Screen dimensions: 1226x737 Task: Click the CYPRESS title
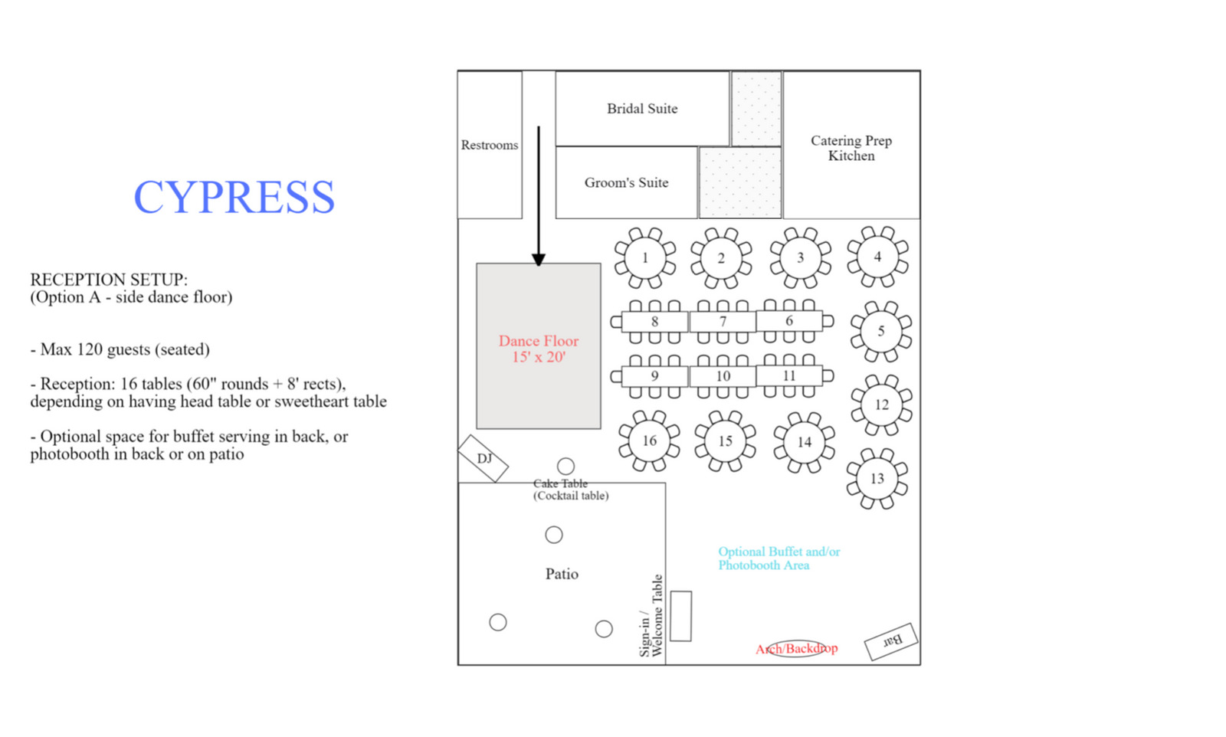pyautogui.click(x=234, y=197)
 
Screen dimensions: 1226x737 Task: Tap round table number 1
pyautogui.click(x=645, y=257)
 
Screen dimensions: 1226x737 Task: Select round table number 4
pyautogui.click(x=878, y=257)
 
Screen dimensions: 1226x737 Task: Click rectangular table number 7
pyautogui.click(x=723, y=321)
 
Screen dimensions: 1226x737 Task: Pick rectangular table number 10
pyautogui.click(x=723, y=376)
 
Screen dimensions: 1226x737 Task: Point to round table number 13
pyautogui.click(x=877, y=479)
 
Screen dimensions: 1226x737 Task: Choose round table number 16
pyautogui.click(x=650, y=441)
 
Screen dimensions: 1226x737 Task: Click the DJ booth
pyautogui.click(x=484, y=458)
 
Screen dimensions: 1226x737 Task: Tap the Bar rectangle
pyautogui.click(x=891, y=641)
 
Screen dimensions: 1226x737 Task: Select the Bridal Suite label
pyautogui.click(x=642, y=108)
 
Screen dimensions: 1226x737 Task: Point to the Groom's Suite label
pyautogui.click(x=626, y=182)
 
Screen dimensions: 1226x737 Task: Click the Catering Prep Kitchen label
pyautogui.click(x=851, y=149)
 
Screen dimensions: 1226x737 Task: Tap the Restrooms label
pyautogui.click(x=490, y=145)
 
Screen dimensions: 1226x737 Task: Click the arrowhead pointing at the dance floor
pyautogui.click(x=539, y=260)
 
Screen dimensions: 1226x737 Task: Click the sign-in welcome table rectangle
pyautogui.click(x=681, y=616)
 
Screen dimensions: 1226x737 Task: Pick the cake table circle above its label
pyautogui.click(x=566, y=466)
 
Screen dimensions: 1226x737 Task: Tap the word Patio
pyautogui.click(x=562, y=574)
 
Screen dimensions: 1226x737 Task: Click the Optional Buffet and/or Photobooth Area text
pyautogui.click(x=779, y=558)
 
